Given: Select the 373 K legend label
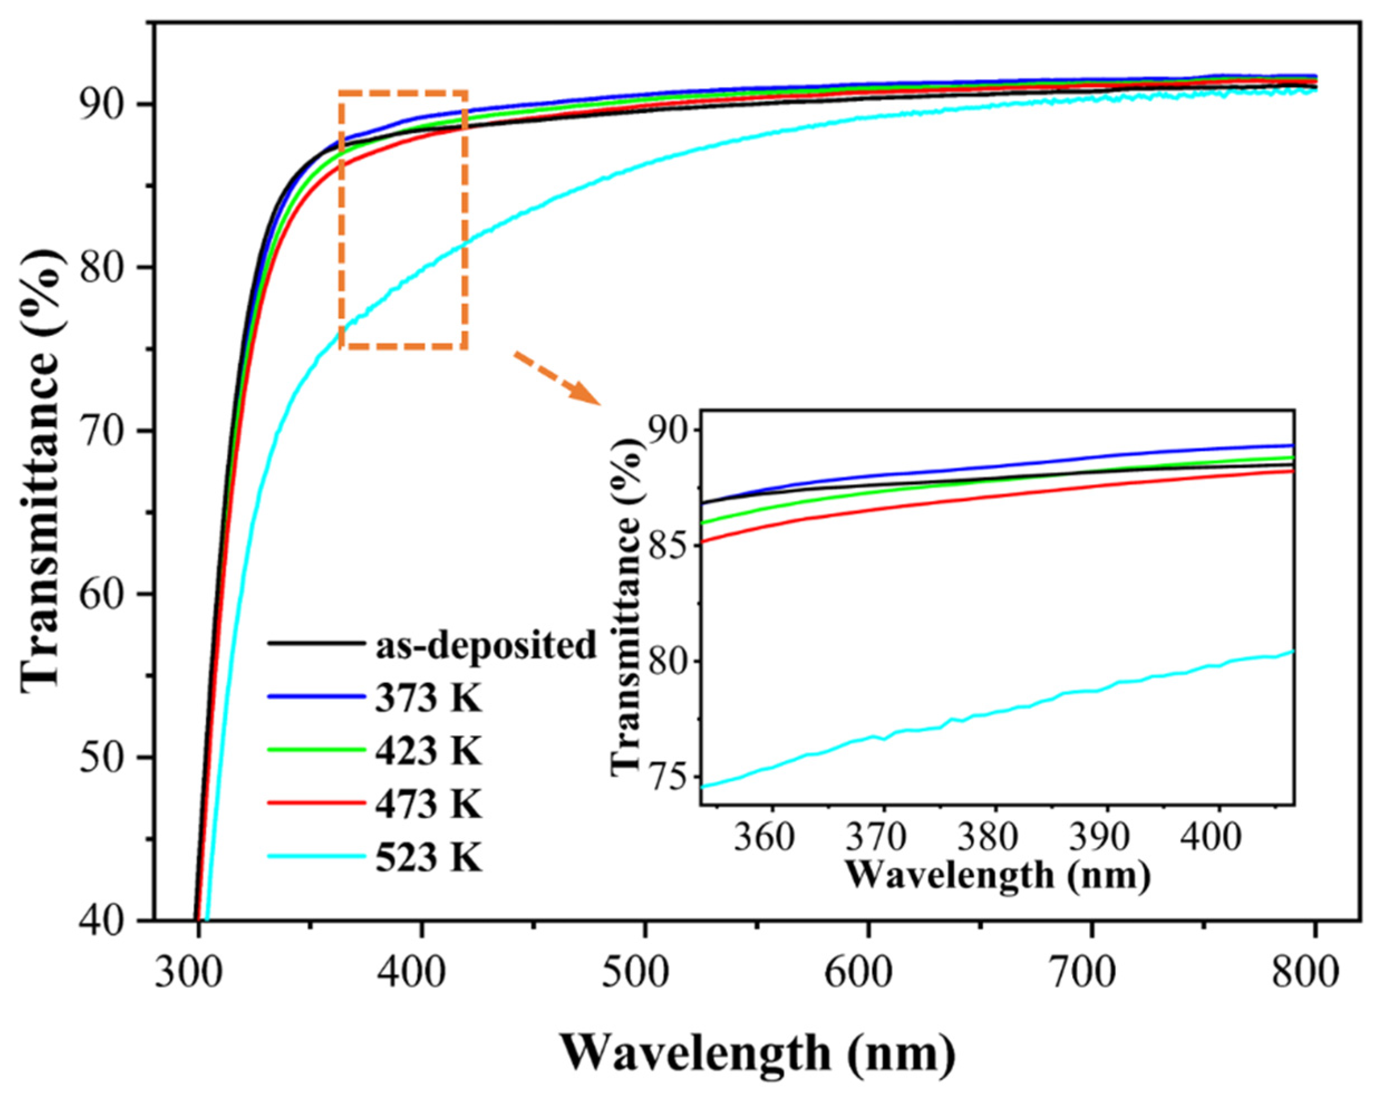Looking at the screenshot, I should click(x=428, y=699).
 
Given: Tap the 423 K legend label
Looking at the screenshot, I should click(x=428, y=752).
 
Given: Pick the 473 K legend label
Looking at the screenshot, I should click(x=428, y=805).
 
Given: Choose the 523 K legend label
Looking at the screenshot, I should click(x=428, y=859).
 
